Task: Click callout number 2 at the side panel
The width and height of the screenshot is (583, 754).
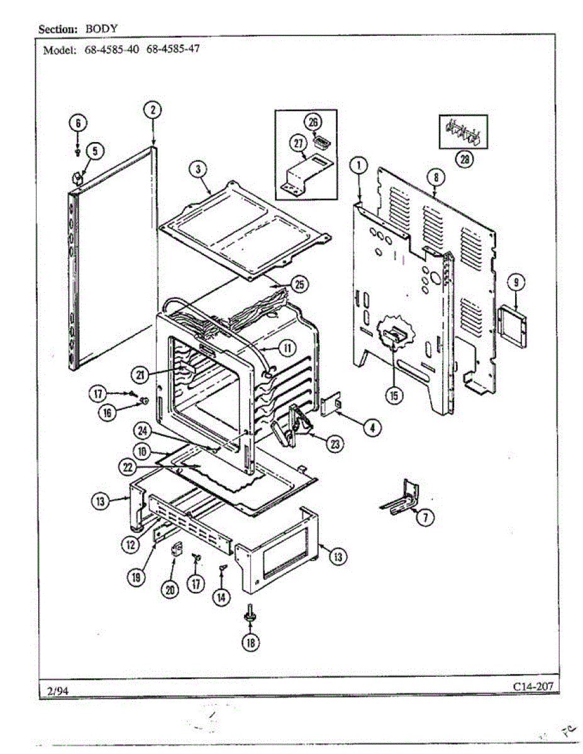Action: point(152,111)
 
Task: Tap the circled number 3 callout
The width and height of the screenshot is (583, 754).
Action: point(199,169)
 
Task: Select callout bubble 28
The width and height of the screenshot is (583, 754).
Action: point(465,160)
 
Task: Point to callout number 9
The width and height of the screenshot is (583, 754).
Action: point(516,282)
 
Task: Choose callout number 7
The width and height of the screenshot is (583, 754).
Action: point(426,518)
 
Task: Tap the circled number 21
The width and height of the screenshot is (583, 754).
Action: point(140,375)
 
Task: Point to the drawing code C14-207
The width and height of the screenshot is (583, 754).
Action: point(533,686)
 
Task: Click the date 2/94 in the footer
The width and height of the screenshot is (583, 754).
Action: point(57,691)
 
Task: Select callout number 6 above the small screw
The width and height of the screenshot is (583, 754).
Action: point(77,123)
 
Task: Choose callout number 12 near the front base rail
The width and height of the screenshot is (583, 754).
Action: point(130,545)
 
